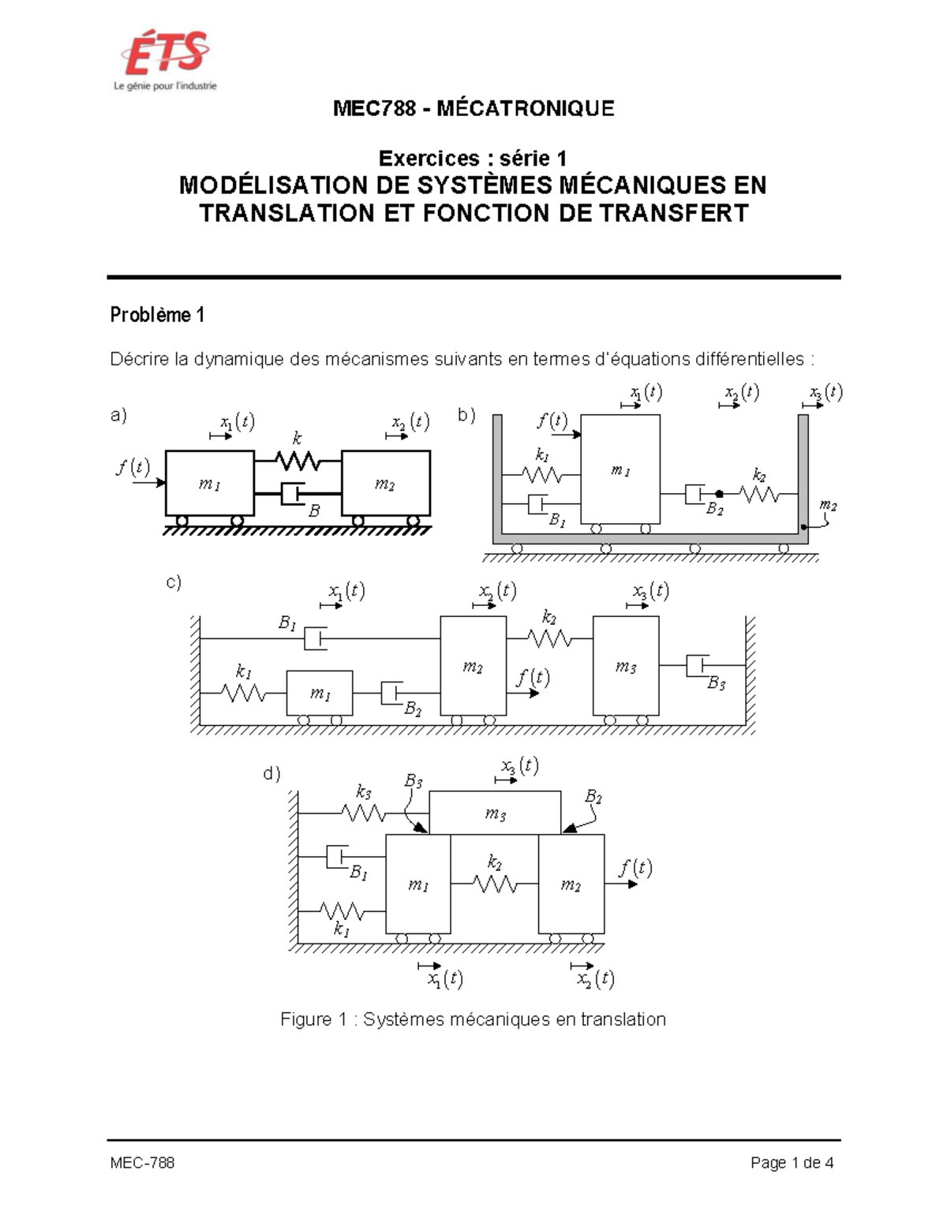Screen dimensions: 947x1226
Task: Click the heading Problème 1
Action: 157,315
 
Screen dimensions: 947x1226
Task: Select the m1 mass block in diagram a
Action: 209,483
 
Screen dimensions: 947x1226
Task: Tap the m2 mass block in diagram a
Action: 386,483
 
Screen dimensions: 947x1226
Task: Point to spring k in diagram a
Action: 298,462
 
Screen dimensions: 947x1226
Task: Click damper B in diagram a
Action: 293,494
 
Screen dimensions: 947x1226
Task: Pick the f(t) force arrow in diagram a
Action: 149,482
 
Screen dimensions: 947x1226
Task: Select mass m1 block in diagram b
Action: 620,469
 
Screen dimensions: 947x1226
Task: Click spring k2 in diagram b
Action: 759,494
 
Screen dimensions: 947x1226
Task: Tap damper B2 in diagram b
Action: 694,494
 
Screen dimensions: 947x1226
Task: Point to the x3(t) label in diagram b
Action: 825,392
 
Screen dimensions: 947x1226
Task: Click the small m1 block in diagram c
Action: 320,693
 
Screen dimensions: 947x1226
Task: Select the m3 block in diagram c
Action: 626,666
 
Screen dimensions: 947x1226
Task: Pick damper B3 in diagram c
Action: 698,666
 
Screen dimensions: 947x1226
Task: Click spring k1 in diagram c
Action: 243,693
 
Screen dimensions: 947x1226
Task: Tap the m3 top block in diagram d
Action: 495,813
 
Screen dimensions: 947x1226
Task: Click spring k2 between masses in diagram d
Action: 494,884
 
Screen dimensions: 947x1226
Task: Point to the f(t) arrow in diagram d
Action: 621,884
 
